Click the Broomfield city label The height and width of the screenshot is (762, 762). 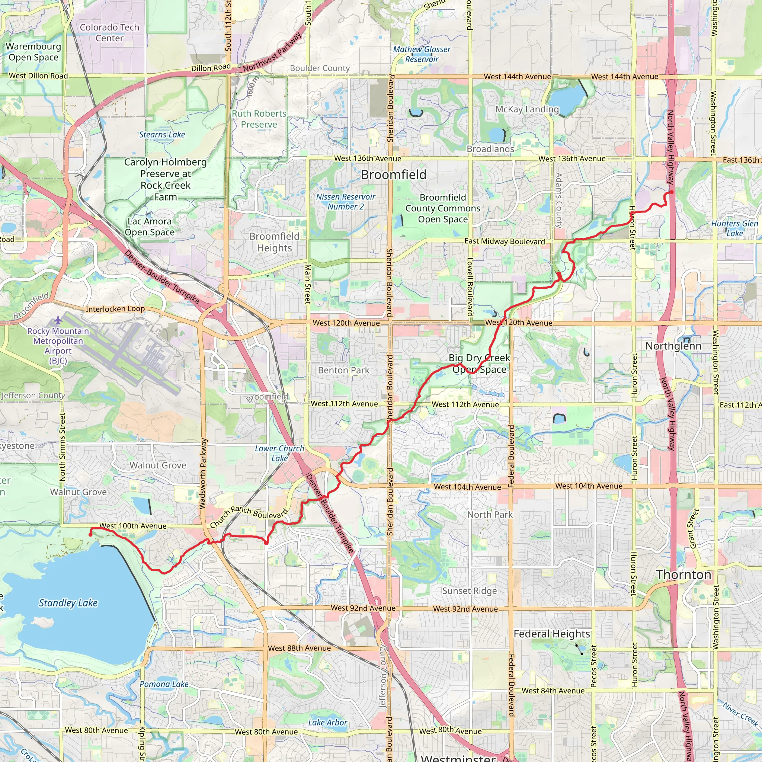[394, 175]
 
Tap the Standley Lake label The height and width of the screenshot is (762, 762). [68, 603]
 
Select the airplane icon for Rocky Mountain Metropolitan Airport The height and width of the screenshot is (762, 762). [58, 319]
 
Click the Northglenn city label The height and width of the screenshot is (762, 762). [673, 346]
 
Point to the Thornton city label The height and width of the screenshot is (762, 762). [683, 574]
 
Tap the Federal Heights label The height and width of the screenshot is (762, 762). [551, 634]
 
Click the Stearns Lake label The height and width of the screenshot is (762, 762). [162, 134]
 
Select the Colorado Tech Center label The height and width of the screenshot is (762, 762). [109, 33]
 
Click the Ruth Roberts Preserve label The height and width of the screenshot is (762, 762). [259, 119]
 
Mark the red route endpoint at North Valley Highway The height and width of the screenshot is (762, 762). [671, 192]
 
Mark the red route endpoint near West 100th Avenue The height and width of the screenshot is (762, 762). [90, 535]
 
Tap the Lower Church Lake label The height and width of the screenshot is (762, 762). [279, 453]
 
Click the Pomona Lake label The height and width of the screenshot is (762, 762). [164, 684]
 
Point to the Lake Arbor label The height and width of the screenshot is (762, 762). [327, 723]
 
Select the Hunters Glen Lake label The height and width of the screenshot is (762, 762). [734, 228]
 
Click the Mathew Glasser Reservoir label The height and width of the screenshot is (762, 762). [422, 54]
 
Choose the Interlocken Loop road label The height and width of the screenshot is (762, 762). [115, 309]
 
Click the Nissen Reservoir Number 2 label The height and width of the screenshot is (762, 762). [346, 202]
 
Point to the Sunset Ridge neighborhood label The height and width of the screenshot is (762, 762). [469, 591]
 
